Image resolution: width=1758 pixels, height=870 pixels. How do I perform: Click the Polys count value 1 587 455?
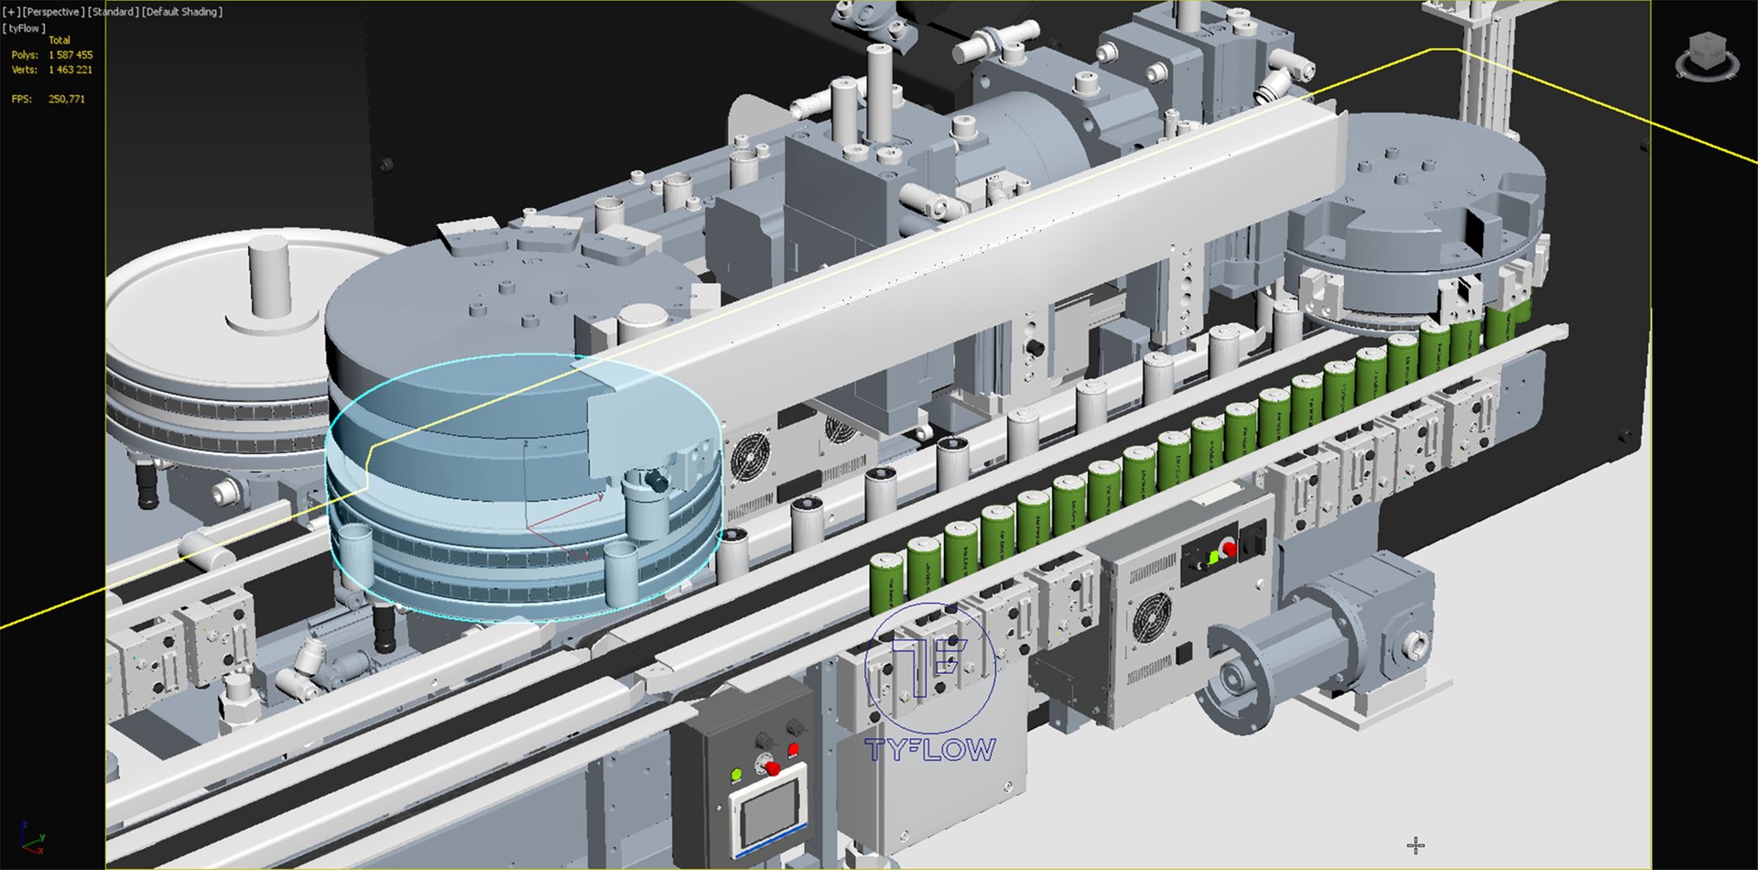click(x=71, y=55)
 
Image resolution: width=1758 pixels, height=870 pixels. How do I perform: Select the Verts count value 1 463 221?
click(x=71, y=70)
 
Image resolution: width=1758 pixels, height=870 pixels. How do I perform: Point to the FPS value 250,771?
click(x=67, y=99)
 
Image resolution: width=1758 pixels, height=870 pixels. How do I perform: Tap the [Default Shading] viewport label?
click(x=181, y=12)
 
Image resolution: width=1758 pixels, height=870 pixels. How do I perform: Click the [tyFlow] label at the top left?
click(x=24, y=28)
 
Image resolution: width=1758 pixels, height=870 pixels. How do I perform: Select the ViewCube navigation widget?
click(x=1707, y=56)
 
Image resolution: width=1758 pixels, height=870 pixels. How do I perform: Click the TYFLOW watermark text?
click(x=929, y=750)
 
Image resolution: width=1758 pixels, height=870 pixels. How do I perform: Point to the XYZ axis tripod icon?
click(x=31, y=838)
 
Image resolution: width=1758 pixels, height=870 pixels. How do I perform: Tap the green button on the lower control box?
click(x=736, y=776)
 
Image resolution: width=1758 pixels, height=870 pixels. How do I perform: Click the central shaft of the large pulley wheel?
click(x=269, y=275)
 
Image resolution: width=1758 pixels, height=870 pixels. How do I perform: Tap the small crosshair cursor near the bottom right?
click(x=1416, y=844)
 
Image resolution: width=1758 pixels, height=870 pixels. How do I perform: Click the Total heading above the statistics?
click(x=60, y=40)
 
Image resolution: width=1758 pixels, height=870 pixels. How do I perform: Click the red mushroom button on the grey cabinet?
click(x=1229, y=549)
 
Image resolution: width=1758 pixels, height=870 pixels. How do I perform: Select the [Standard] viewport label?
click(x=114, y=12)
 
